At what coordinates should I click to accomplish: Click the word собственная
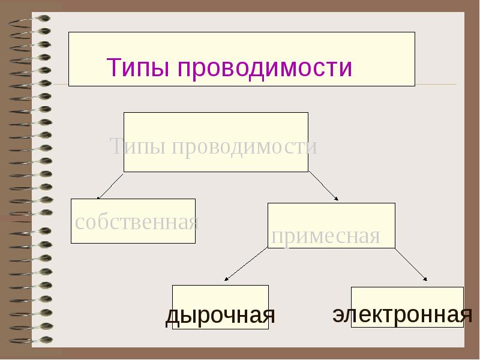tap(137, 223)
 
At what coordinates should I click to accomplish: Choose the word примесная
tap(326, 236)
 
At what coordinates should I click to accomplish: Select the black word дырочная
tap(220, 316)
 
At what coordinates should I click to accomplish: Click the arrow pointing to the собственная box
tap(110, 186)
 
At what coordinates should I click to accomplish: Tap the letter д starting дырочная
tap(172, 316)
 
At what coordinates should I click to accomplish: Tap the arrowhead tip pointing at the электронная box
tap(427, 280)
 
